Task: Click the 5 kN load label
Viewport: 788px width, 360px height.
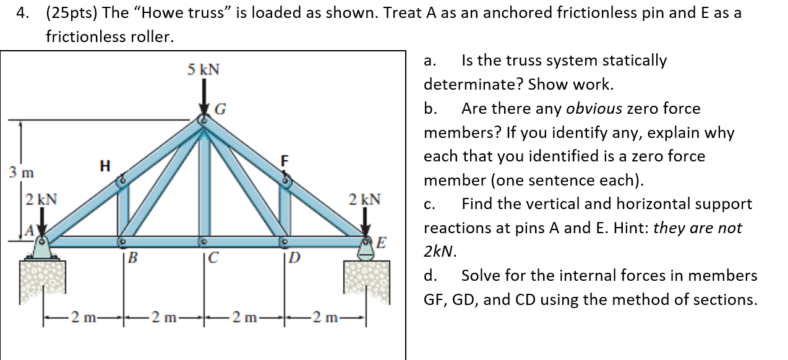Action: pyautogui.click(x=203, y=69)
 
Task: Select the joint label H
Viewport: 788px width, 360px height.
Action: pyautogui.click(x=105, y=165)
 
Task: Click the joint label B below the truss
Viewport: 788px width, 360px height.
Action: pyautogui.click(x=131, y=257)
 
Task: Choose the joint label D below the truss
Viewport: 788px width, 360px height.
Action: pyautogui.click(x=294, y=257)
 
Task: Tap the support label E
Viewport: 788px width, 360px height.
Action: pyautogui.click(x=382, y=241)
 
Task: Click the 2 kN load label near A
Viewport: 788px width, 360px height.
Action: pyautogui.click(x=42, y=200)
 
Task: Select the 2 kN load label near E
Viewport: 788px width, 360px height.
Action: pyautogui.click(x=365, y=199)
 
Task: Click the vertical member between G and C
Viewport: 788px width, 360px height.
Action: pyautogui.click(x=203, y=179)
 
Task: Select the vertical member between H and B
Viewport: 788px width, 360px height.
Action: pyautogui.click(x=123, y=210)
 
